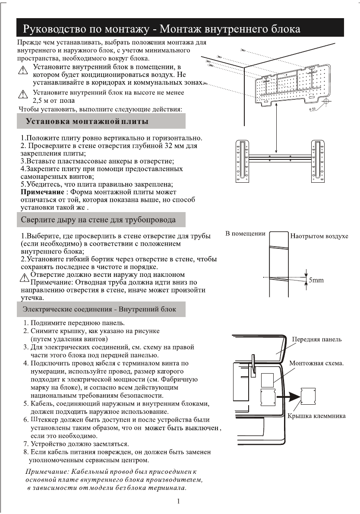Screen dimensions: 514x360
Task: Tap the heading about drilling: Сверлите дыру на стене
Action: click(x=98, y=220)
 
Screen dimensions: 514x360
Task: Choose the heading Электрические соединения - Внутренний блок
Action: click(x=99, y=309)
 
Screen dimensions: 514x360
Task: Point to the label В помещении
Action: click(x=245, y=234)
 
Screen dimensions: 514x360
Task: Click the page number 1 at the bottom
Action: click(x=178, y=501)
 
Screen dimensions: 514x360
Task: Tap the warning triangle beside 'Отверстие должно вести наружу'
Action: click(x=25, y=277)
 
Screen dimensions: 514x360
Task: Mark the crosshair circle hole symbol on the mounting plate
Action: click(x=325, y=102)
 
